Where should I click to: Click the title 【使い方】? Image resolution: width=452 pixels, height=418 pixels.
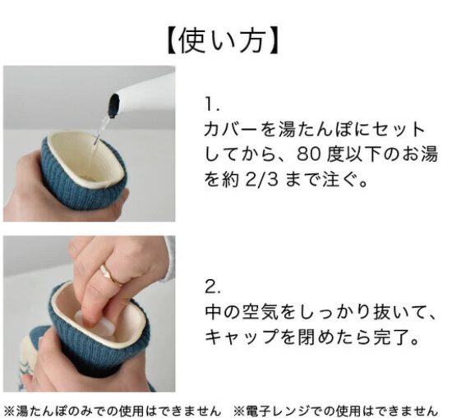point(223,41)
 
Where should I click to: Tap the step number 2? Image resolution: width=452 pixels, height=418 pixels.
point(213,287)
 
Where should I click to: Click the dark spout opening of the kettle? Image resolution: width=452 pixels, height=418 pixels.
point(113,106)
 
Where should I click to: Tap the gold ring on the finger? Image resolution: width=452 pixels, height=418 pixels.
point(111,276)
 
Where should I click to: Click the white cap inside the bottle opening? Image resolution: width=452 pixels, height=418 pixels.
point(95,324)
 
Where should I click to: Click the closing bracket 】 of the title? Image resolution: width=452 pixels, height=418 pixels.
point(272,41)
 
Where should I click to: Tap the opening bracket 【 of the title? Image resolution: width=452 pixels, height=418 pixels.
point(173,41)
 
